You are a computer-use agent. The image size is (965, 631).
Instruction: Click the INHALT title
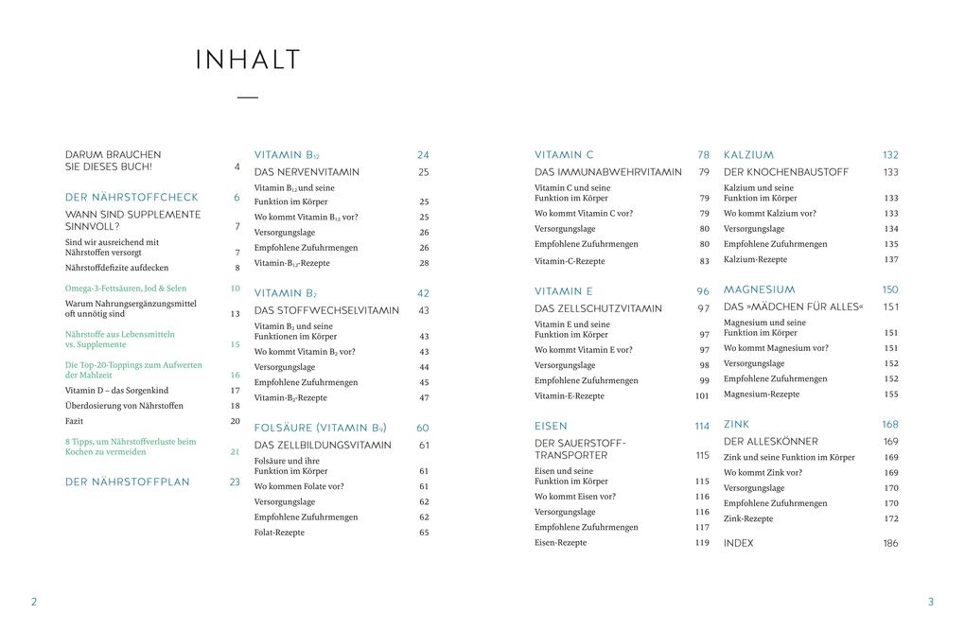point(248,61)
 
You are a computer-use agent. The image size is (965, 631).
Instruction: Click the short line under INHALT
point(248,97)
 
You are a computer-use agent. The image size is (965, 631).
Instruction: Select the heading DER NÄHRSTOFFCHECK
point(132,198)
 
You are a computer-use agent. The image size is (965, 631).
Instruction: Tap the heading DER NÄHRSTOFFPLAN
point(127,482)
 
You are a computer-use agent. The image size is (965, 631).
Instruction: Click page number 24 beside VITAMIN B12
point(423,155)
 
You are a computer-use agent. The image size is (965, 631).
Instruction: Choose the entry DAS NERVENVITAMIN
point(307,172)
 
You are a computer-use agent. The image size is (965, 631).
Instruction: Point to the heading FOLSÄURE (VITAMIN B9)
point(320,428)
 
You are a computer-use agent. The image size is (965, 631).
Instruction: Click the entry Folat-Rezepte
point(279,533)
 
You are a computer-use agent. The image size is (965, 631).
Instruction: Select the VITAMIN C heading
point(564,155)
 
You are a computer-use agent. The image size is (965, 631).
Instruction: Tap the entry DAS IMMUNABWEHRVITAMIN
point(607,172)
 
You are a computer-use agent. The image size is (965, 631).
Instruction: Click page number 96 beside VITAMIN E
point(703,291)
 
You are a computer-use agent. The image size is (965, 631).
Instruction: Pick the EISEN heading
point(551,427)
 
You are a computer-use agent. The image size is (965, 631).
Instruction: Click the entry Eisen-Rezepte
point(560,543)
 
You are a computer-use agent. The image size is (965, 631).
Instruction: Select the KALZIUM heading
point(748,155)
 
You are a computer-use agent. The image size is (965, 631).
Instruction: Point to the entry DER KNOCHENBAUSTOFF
point(785,172)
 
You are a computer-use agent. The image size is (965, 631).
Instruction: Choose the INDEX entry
point(738,543)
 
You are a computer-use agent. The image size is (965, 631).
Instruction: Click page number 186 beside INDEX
point(890,543)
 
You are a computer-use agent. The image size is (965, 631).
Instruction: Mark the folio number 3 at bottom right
point(930,602)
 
